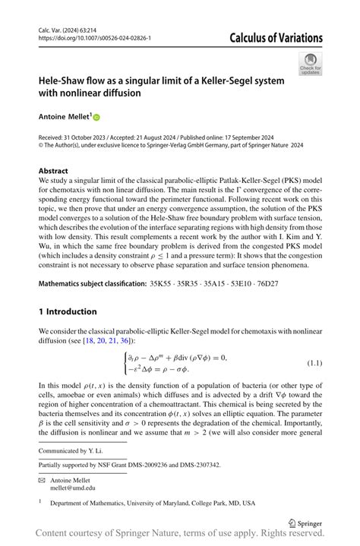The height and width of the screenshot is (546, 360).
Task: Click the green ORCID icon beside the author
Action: coord(96,118)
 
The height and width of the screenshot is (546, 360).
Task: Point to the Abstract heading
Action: coord(55,172)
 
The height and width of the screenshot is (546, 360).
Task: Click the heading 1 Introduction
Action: coord(68,311)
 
